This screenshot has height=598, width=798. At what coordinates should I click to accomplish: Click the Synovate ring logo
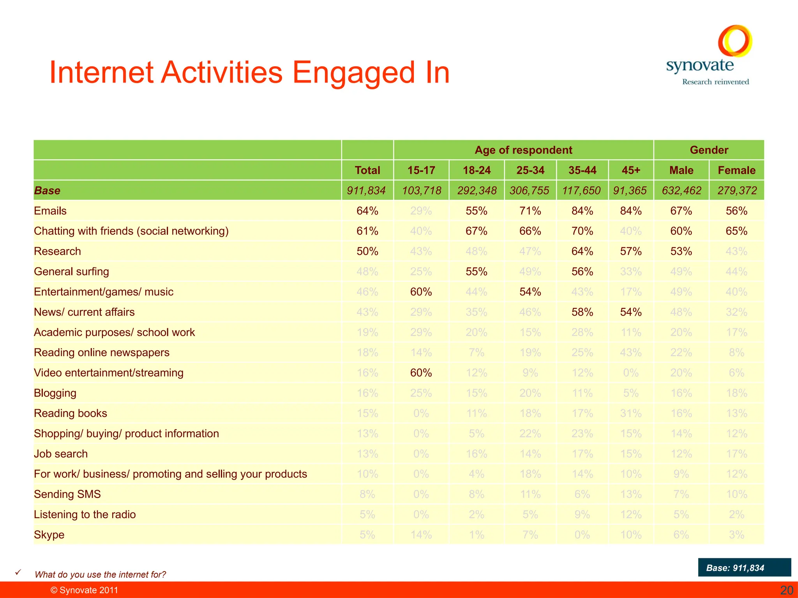pyautogui.click(x=735, y=40)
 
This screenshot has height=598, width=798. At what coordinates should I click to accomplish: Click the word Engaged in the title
pyautogui.click(x=354, y=72)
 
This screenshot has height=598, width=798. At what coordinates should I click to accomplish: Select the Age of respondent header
pyautogui.click(x=523, y=150)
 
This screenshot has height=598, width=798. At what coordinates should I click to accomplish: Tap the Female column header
pyautogui.click(x=736, y=170)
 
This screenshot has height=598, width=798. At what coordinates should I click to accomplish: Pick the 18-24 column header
pyautogui.click(x=477, y=170)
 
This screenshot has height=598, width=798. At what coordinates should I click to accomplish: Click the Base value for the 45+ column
pyautogui.click(x=630, y=190)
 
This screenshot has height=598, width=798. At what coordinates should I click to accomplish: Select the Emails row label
pyautogui.click(x=50, y=211)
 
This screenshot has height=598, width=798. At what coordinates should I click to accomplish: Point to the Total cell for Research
pyautogui.click(x=367, y=251)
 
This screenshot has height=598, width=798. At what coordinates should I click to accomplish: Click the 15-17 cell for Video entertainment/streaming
pyautogui.click(x=421, y=373)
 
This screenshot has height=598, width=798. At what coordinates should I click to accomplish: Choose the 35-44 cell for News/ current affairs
pyautogui.click(x=582, y=312)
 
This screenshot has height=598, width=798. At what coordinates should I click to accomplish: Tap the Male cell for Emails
pyautogui.click(x=681, y=211)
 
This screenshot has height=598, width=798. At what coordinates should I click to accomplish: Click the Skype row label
pyautogui.click(x=49, y=535)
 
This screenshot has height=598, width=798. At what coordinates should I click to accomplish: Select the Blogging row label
pyautogui.click(x=55, y=393)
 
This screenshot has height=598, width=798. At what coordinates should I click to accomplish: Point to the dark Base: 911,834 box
pyautogui.click(x=744, y=567)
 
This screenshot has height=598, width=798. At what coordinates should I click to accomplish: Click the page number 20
pyautogui.click(x=786, y=590)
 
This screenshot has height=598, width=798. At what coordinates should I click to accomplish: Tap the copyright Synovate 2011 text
pyautogui.click(x=84, y=590)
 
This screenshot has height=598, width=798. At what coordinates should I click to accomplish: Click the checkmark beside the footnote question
pyautogui.click(x=18, y=572)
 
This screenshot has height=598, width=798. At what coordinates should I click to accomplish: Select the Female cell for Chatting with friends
pyautogui.click(x=736, y=231)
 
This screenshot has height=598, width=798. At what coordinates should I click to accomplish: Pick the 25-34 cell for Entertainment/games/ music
pyautogui.click(x=530, y=292)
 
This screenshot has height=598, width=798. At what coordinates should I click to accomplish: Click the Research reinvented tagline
pyautogui.click(x=715, y=82)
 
